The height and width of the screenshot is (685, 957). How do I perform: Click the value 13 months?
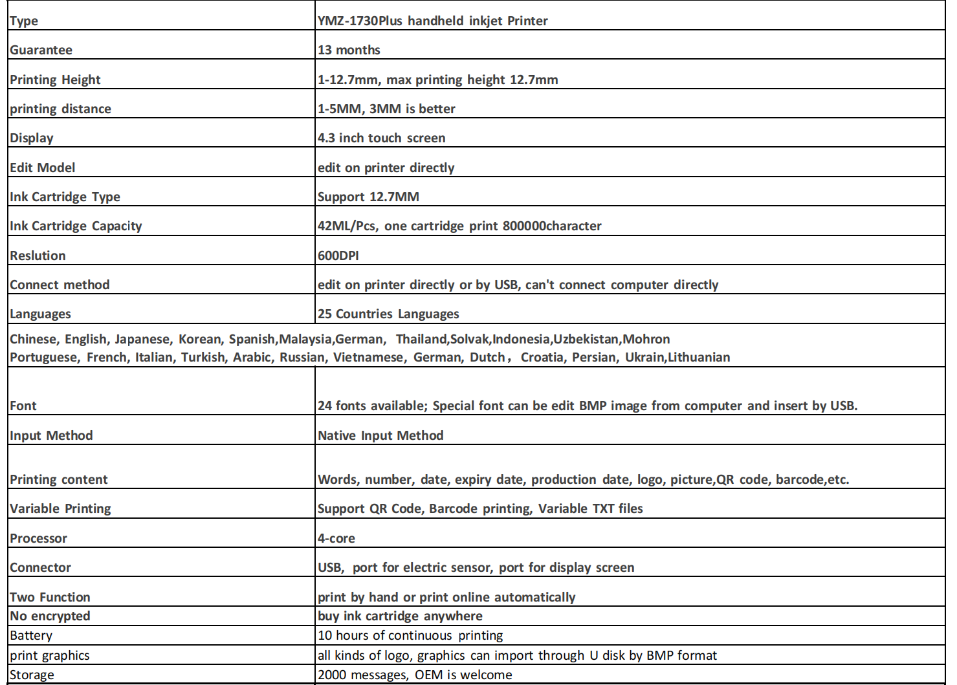(349, 50)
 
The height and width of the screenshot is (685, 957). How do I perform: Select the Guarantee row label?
(41, 50)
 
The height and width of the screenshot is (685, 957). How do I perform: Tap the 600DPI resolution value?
(338, 256)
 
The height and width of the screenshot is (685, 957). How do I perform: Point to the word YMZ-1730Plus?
(360, 21)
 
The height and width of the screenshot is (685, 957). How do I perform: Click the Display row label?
(32, 138)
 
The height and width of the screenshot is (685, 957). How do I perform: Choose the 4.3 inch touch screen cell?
(381, 138)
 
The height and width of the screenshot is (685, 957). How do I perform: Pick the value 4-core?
(336, 538)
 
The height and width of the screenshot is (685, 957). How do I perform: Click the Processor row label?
(38, 538)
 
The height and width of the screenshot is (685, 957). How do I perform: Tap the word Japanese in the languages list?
(142, 340)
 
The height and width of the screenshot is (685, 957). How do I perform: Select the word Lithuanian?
(699, 358)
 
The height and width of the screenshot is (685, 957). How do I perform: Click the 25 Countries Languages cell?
(388, 314)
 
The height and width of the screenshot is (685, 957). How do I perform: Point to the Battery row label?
(31, 636)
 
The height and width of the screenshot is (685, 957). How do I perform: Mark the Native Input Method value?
(380, 436)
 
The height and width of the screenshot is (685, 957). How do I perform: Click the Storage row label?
(32, 675)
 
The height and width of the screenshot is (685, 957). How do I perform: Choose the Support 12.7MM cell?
(368, 197)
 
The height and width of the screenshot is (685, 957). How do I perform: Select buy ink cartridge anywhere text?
(400, 616)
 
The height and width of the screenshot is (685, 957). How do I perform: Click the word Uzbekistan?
(587, 340)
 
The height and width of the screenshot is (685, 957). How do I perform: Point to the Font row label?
(23, 406)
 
